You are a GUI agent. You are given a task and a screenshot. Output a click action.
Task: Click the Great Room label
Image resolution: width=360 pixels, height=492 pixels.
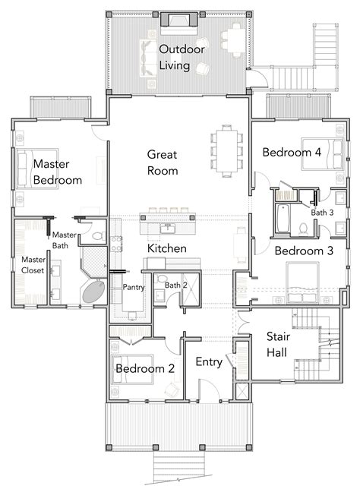tap(163, 162)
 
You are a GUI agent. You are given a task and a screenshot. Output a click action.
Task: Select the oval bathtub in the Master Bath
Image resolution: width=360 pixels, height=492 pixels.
tap(93, 292)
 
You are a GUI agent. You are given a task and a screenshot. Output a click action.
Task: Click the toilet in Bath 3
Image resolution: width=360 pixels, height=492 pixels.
tap(303, 229)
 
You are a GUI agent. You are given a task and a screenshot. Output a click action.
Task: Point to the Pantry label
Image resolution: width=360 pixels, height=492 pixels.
tap(134, 287)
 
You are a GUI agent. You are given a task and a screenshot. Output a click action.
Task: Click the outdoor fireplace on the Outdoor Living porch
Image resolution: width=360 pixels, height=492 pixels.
tap(179, 20)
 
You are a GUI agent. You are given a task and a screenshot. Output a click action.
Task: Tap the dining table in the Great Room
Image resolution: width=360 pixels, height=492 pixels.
tap(226, 150)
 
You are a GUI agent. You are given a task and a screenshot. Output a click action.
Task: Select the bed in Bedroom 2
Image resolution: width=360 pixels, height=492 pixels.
tap(132, 369)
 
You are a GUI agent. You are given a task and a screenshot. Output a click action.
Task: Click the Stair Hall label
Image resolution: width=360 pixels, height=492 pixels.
tap(277, 345)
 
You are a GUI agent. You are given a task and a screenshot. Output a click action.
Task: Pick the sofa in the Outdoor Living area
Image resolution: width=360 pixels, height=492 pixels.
tap(147, 58)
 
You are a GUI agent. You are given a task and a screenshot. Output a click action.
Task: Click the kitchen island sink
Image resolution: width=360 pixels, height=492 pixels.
tap(168, 228)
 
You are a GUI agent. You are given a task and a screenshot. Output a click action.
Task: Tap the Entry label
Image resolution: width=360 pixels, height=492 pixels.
tap(209, 361)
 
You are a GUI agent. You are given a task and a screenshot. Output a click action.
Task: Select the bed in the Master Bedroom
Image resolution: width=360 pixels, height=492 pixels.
tap(37, 169)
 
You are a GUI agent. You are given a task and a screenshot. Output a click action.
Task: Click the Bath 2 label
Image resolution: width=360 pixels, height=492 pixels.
tap(175, 285)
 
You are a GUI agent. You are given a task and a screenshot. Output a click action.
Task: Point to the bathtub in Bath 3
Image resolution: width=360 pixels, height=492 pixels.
tap(283, 218)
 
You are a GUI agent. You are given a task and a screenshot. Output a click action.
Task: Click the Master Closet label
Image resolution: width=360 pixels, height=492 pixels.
tap(33, 265)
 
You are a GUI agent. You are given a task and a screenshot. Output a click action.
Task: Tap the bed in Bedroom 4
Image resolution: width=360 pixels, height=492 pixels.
tap(322, 154)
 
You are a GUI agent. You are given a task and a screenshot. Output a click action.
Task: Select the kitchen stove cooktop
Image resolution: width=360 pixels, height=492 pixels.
tap(116, 244)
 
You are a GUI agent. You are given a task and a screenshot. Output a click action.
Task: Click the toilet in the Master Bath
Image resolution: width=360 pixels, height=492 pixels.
tap(100, 235)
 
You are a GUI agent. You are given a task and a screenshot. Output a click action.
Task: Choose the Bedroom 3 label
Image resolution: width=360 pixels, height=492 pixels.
tap(304, 251)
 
